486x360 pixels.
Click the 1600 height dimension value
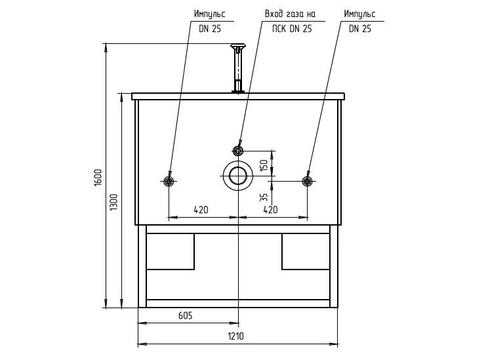98,178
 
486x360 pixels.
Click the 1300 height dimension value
114,203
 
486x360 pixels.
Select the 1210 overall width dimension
236,336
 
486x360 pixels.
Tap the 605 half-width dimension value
186,315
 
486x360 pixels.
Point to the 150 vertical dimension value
264,165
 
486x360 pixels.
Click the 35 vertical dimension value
264,197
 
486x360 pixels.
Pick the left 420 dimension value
201,210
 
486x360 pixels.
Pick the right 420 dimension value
270,210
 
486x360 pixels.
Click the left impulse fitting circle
169,181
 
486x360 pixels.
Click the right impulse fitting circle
307,181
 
